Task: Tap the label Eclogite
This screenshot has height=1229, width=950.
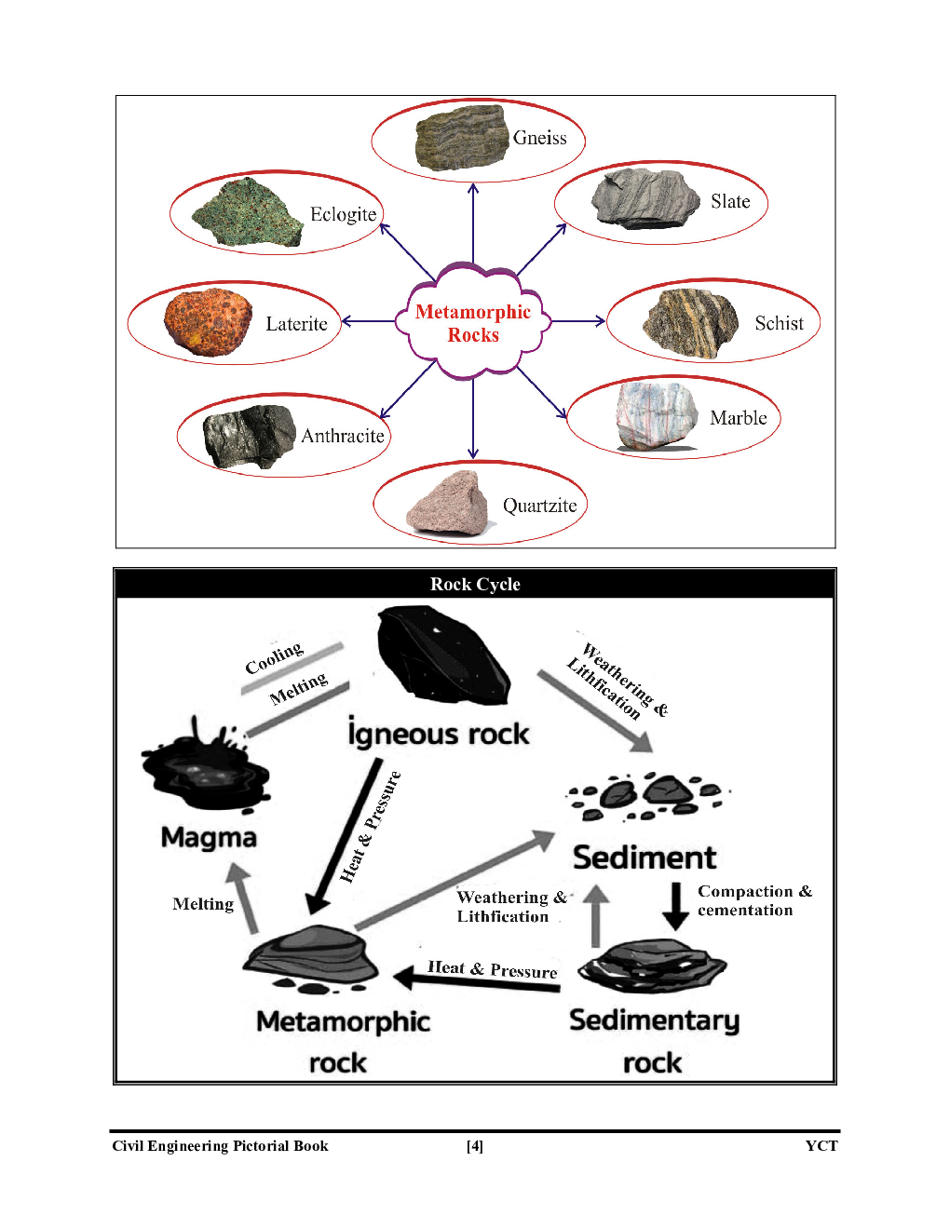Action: point(343,215)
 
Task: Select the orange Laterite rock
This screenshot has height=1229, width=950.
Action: point(208,321)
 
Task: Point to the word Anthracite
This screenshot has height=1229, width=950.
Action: point(342,436)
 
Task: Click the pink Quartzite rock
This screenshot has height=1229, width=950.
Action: point(449,506)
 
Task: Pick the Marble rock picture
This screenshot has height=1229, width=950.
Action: point(656,416)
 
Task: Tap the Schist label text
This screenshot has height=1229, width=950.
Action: point(779,323)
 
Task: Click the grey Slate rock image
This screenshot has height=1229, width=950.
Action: point(645,197)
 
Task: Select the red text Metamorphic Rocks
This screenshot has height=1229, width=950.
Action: point(473,323)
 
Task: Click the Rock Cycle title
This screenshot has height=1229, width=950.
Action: point(475,584)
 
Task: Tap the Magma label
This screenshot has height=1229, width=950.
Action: point(209,837)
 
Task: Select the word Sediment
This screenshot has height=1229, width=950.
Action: point(645,857)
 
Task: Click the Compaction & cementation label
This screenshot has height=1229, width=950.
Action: point(753,900)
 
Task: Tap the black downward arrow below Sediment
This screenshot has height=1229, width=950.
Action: point(675,906)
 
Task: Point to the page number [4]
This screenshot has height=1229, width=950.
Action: point(475,1146)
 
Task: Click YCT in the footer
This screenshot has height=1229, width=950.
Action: point(821,1146)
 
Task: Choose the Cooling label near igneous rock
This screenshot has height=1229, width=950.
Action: point(275,657)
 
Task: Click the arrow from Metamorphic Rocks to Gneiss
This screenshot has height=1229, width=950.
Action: point(473,223)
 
